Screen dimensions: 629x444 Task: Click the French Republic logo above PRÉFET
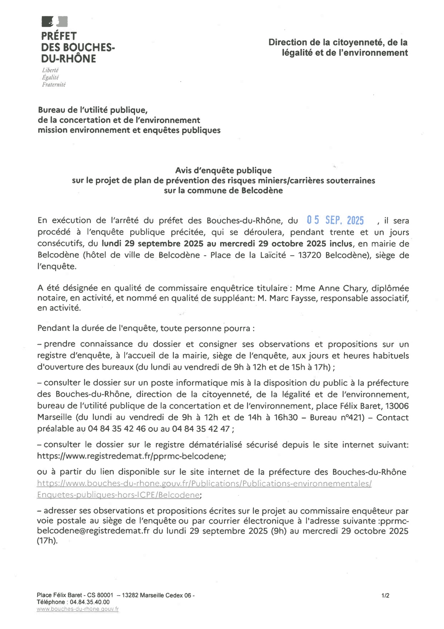pos(54,21)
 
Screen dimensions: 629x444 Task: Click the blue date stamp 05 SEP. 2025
pos(335,221)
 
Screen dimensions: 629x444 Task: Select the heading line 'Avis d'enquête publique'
pos(223,171)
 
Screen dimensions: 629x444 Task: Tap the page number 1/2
pos(385,596)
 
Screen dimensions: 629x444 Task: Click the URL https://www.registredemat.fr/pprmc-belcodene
pos(131,456)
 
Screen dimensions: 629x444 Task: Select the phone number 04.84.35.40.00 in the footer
pos(88,602)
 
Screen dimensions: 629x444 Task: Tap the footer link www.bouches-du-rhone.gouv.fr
pos(78,609)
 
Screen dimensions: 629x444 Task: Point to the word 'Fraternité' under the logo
pos(54,85)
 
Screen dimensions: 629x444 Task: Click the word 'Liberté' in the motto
pos(50,70)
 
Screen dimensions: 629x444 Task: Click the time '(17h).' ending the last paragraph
pos(47,541)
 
